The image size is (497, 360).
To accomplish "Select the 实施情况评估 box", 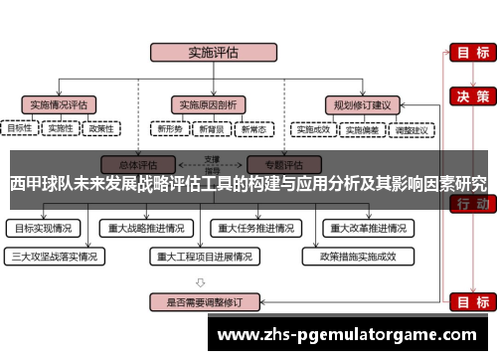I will click(59, 103).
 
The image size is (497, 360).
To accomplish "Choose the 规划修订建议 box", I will click(362, 103).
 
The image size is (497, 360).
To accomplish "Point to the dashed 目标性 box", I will click(20, 128).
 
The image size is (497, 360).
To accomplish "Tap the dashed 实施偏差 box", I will click(363, 129).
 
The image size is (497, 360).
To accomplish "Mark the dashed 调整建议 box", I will click(411, 129).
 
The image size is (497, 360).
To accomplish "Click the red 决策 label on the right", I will click(469, 96).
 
